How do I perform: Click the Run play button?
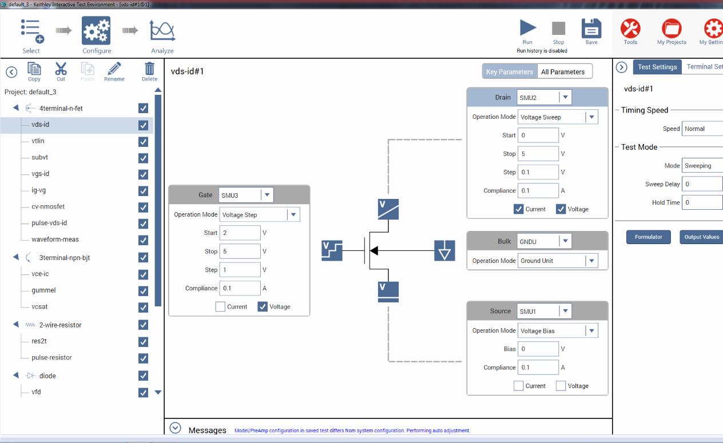[x=528, y=28]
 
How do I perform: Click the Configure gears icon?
[x=96, y=30]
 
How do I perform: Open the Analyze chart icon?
[x=162, y=31]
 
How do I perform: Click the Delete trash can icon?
[x=149, y=69]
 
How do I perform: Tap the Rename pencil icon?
[x=114, y=69]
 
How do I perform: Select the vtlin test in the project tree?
[x=38, y=141]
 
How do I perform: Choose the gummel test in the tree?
[x=43, y=290]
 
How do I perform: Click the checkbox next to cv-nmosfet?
[x=144, y=207]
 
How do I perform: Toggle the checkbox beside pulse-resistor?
[x=144, y=358]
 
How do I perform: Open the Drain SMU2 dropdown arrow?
[x=565, y=97]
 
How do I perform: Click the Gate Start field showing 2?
[x=240, y=233]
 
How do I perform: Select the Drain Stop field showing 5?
[x=538, y=154]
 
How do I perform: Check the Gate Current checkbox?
[x=220, y=306]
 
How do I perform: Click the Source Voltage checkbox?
[x=561, y=386]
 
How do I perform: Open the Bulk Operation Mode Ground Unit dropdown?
[x=558, y=261]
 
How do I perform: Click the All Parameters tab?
[x=563, y=71]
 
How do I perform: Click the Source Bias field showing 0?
[x=538, y=349]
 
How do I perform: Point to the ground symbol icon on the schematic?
[x=444, y=250]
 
